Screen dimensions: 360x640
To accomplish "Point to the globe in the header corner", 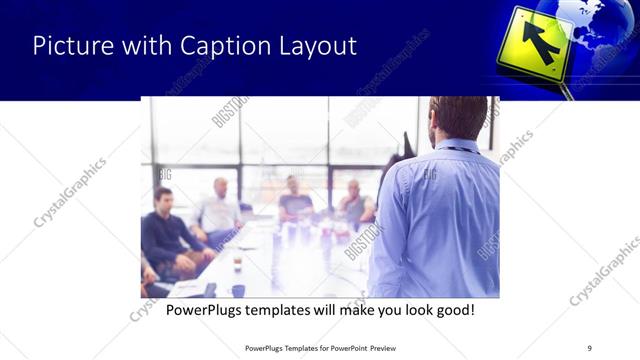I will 600,25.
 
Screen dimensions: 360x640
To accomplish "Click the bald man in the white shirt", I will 220,210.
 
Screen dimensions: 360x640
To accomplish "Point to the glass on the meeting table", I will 237,263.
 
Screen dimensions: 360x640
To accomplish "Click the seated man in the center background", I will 294,200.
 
